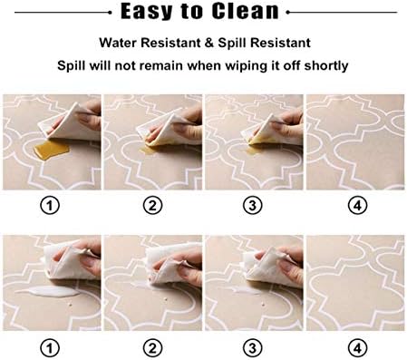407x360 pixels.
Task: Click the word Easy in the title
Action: point(147,12)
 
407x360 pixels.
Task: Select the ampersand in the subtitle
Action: point(209,43)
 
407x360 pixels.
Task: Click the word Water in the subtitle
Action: point(118,43)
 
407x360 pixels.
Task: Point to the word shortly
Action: point(326,65)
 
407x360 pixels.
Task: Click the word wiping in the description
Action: point(246,66)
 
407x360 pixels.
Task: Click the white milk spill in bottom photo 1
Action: point(48,291)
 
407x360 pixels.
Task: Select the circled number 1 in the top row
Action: point(50,206)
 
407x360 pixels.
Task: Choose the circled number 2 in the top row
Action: point(152,206)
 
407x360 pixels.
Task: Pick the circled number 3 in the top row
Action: point(253,206)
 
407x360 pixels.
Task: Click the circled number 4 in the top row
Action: point(357,206)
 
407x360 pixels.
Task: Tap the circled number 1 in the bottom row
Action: point(50,348)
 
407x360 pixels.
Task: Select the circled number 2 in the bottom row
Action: point(152,348)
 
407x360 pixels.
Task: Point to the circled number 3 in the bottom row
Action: point(253,348)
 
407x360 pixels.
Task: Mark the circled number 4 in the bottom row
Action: point(357,348)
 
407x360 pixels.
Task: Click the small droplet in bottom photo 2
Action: point(165,299)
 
